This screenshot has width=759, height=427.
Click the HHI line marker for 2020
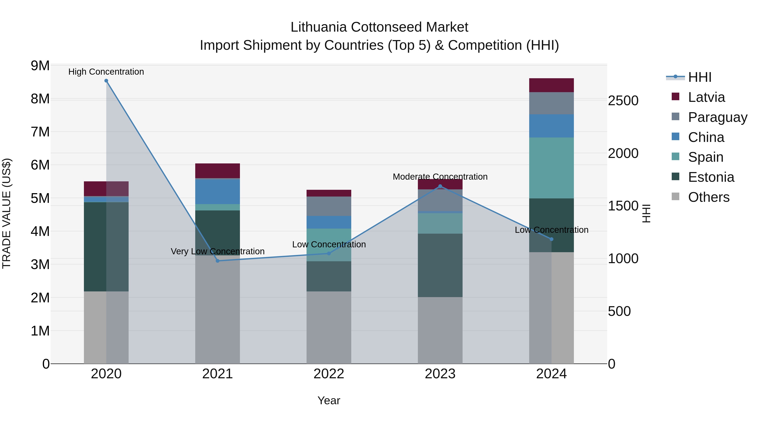[106, 81]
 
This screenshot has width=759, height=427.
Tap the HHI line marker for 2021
[218, 261]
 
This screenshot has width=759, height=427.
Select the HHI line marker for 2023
[440, 186]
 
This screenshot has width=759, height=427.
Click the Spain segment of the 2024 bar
[551, 168]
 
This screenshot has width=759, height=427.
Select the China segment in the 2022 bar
[329, 222]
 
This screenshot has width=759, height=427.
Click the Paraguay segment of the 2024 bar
[551, 103]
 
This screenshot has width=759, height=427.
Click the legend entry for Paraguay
[717, 117]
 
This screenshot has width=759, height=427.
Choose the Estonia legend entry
[711, 177]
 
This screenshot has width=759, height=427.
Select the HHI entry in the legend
[700, 77]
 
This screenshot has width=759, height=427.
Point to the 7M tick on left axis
[40, 132]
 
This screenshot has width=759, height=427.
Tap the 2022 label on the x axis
[329, 374]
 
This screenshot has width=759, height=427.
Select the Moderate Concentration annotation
[440, 177]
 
